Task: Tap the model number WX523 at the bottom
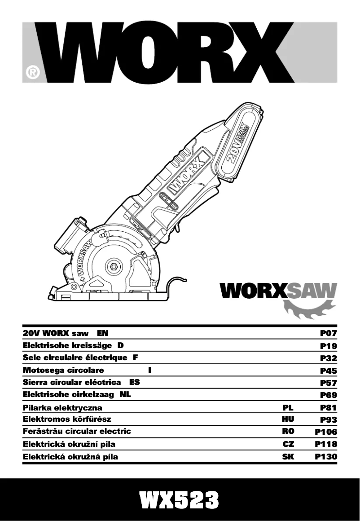(180, 500)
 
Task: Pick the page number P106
(326, 432)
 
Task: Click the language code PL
(288, 408)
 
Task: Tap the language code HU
(288, 419)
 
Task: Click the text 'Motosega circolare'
(63, 370)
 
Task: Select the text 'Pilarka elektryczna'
(62, 408)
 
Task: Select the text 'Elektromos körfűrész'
(67, 419)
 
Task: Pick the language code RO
(288, 431)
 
